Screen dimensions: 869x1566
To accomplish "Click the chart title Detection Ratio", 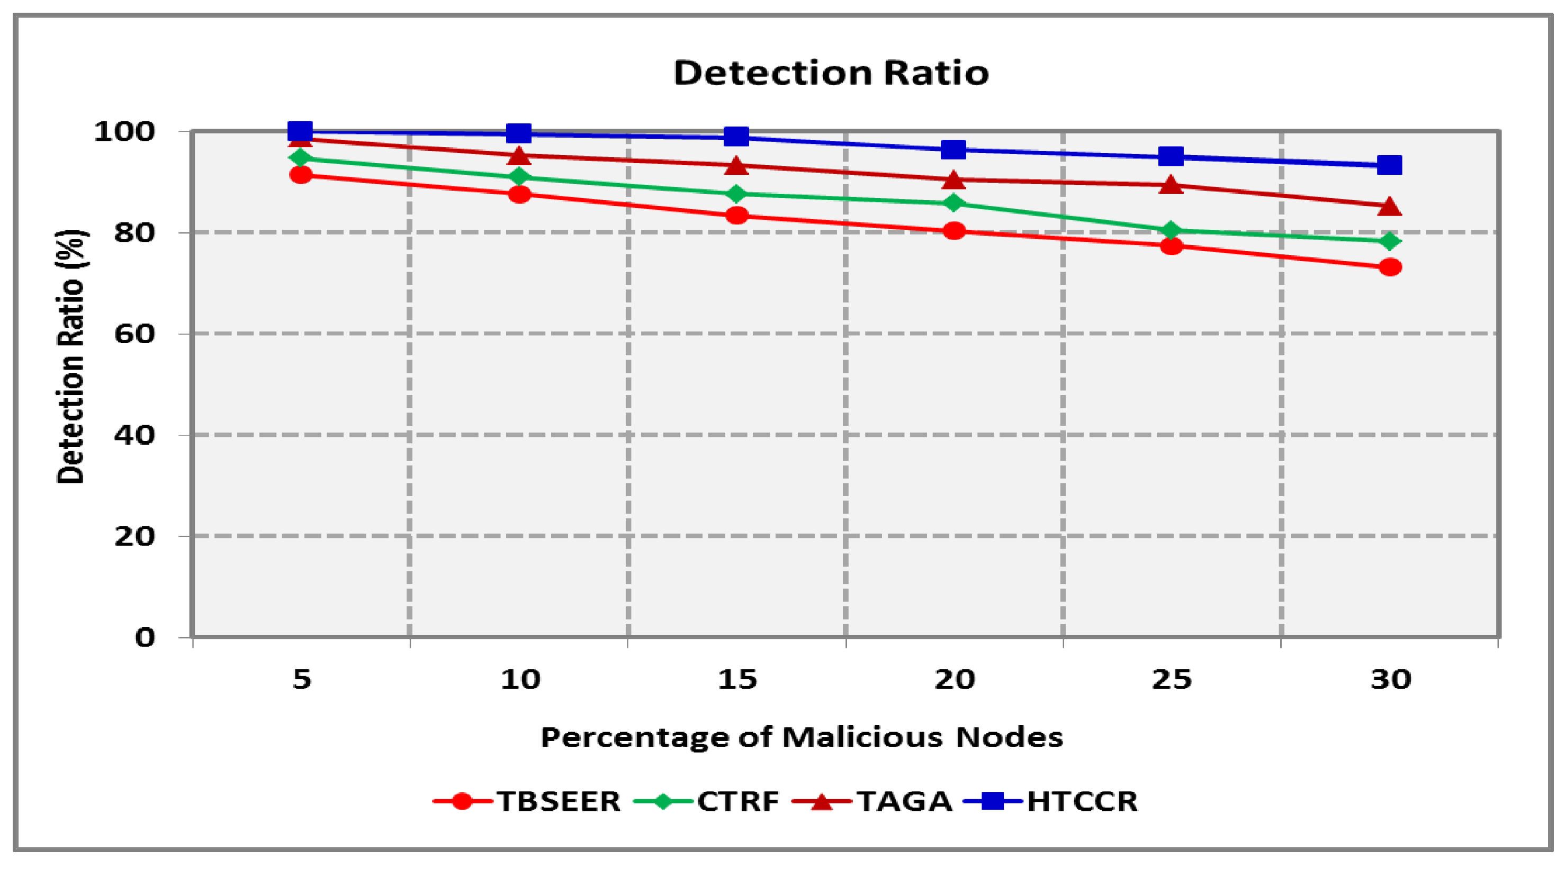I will pyautogui.click(x=831, y=73).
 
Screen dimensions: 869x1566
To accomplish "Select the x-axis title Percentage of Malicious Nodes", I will pyautogui.click(x=801, y=737).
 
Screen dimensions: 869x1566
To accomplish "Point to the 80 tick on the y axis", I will pyautogui.click(x=134, y=232).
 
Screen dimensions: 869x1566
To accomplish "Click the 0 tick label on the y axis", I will pyautogui.click(x=145, y=637).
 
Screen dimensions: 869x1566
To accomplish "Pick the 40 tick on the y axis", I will pyautogui.click(x=134, y=435).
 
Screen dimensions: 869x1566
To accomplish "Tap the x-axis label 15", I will pyautogui.click(x=736, y=679).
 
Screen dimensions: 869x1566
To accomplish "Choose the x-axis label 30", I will pyautogui.click(x=1390, y=679).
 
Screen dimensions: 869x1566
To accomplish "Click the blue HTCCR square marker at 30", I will pyautogui.click(x=1389, y=165).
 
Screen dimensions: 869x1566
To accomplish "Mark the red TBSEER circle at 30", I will pyautogui.click(x=1390, y=267).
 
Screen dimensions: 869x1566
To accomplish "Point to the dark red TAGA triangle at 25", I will pyautogui.click(x=1171, y=185).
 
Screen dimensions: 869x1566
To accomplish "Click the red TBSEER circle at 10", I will pyautogui.click(x=519, y=194).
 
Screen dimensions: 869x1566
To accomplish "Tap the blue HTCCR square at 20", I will pyautogui.click(x=953, y=149).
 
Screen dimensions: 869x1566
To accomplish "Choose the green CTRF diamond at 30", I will pyautogui.click(x=1390, y=241).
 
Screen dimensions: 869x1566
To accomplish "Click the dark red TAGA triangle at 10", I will pyautogui.click(x=519, y=156).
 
